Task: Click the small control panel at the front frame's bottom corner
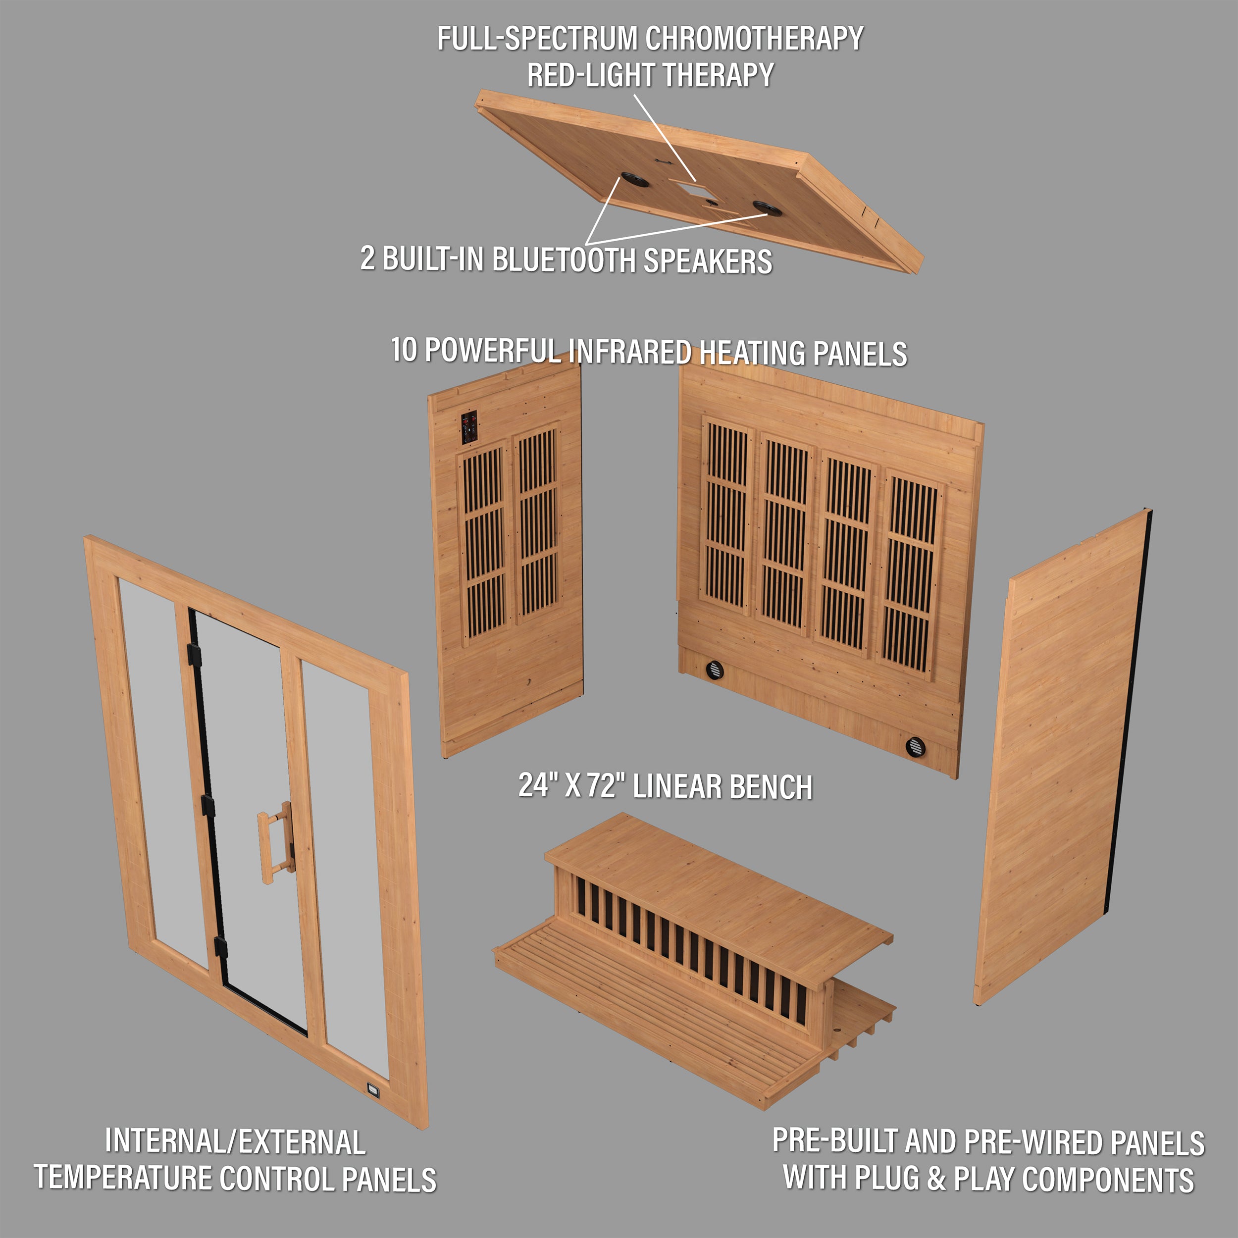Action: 373,1087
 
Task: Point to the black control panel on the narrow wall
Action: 469,427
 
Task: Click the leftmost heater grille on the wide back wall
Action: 726,516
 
